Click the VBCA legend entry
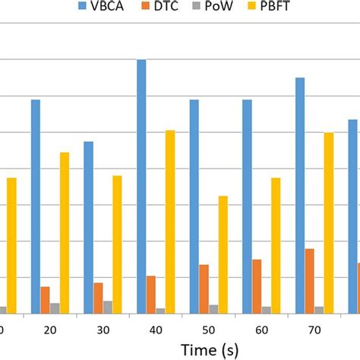coord(101,7)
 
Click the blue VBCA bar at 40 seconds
coord(141,186)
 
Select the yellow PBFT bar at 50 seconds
coord(223,254)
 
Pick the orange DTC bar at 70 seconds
coord(310,281)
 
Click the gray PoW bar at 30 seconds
coord(108,307)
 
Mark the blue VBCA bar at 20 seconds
coord(36,206)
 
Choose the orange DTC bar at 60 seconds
coord(257,286)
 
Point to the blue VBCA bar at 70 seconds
coord(300,195)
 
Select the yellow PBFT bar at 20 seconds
coord(65,232)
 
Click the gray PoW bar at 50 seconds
coord(213,308)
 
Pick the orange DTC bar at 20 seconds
coord(46,300)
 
